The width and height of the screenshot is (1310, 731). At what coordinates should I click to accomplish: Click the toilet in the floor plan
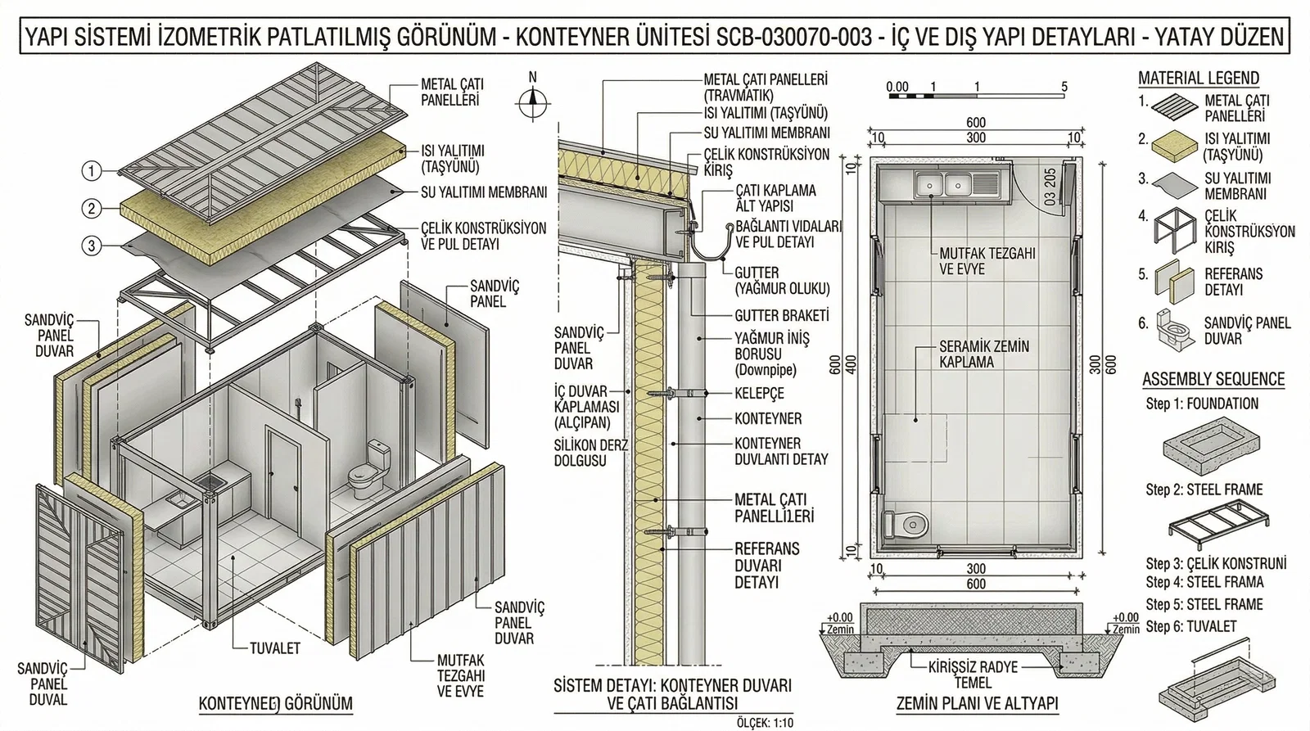(906, 523)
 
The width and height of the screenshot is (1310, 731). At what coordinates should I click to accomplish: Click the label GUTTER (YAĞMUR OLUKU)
(781, 281)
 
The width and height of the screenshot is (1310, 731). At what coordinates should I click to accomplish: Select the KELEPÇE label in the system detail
(759, 394)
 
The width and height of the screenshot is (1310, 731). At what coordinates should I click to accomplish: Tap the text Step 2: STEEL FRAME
(1204, 490)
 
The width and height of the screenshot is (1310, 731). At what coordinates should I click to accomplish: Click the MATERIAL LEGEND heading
(1198, 79)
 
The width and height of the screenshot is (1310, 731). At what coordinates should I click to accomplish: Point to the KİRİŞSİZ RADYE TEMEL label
(973, 674)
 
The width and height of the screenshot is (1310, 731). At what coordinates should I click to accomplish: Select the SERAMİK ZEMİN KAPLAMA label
(983, 354)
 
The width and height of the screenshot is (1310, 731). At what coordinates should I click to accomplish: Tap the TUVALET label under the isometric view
(274, 648)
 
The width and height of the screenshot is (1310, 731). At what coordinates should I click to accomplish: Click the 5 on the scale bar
(1064, 86)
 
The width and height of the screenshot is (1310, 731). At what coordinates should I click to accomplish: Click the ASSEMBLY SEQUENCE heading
(1213, 379)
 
